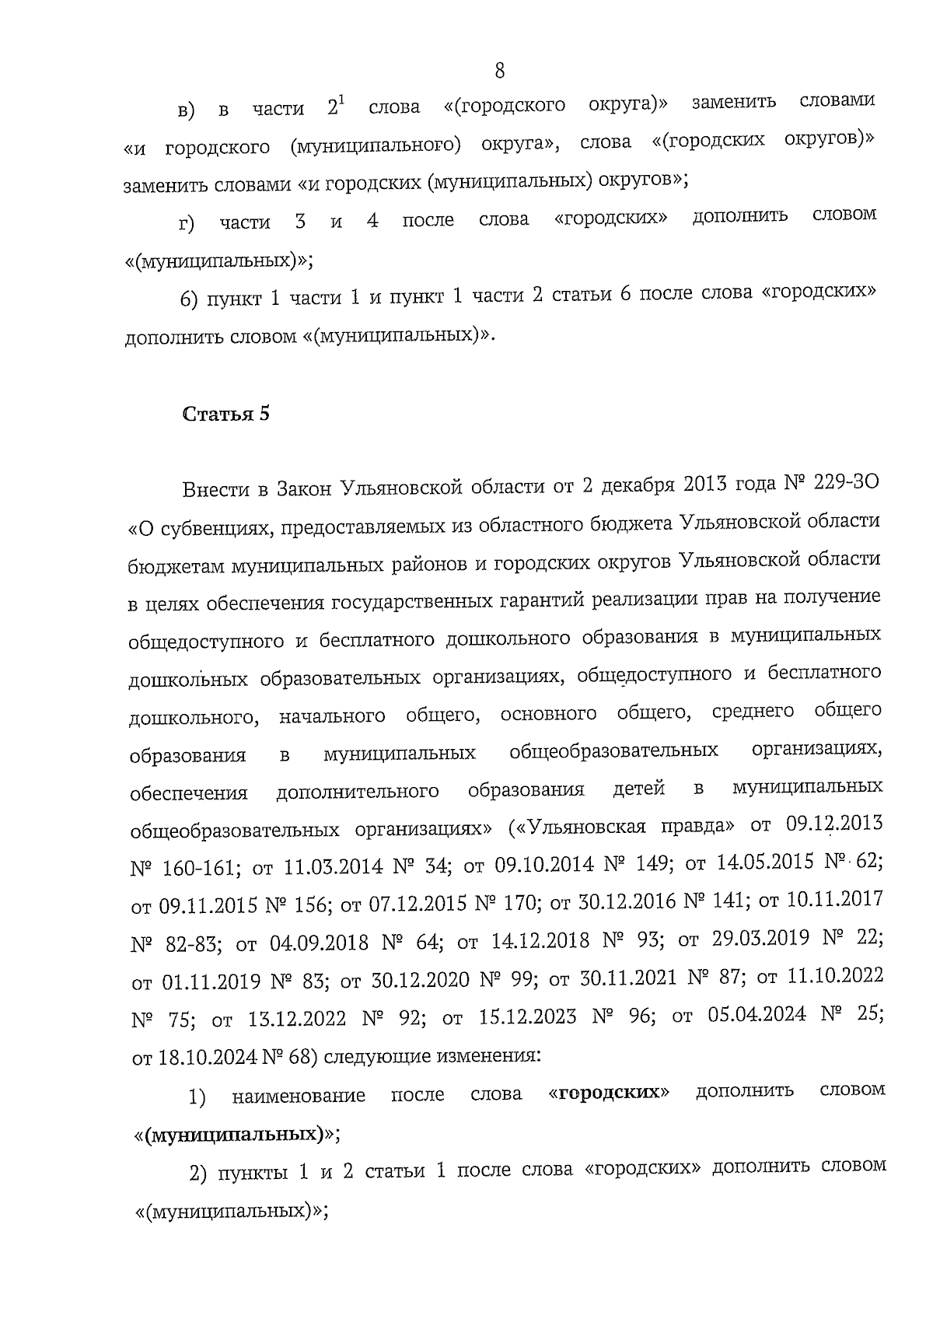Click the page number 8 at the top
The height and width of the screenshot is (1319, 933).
[x=499, y=71]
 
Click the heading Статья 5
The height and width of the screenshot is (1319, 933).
[x=226, y=414]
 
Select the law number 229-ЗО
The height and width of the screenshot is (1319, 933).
[x=844, y=485]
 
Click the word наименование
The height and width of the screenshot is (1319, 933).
[x=299, y=1097]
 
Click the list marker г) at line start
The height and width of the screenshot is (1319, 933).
[x=186, y=226]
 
